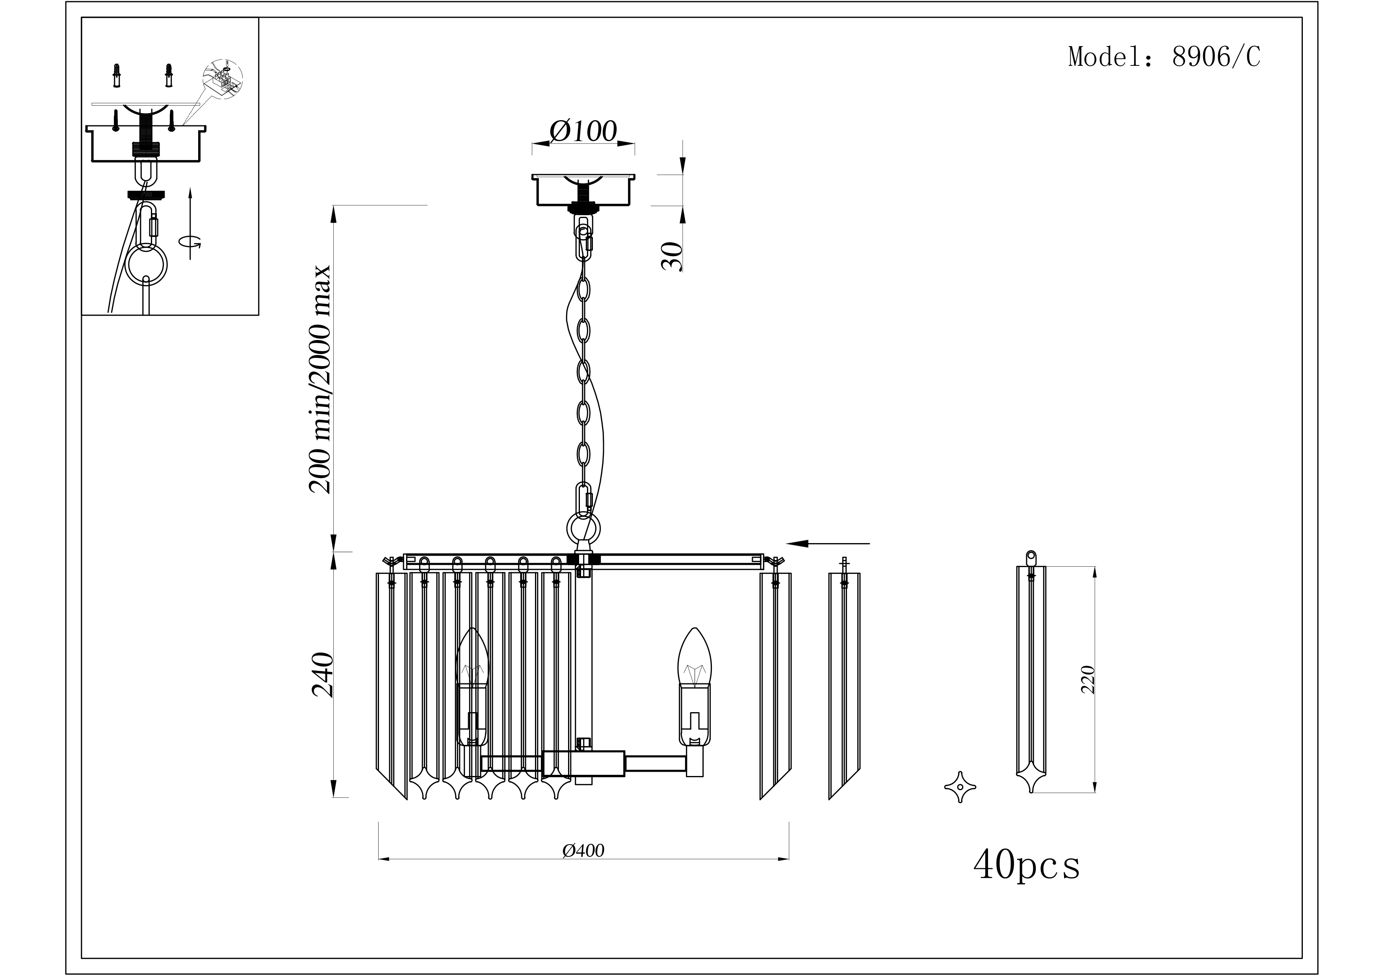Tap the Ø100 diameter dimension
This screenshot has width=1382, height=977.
(x=583, y=131)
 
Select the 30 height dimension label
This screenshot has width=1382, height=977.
(x=672, y=257)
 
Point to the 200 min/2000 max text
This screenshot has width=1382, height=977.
(x=319, y=379)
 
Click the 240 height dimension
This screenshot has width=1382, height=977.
(x=323, y=674)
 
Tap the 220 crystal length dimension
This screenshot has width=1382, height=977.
(x=1088, y=679)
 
